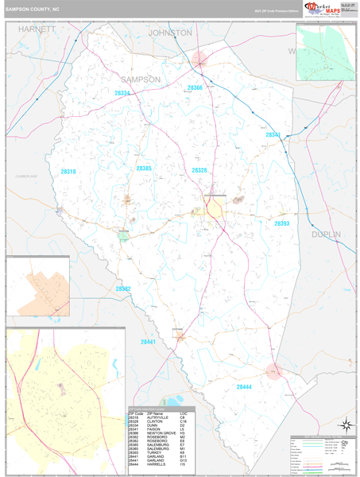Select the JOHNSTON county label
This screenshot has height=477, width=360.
pyautogui.click(x=170, y=33)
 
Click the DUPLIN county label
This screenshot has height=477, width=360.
pyautogui.click(x=324, y=235)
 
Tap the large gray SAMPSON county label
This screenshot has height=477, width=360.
pyautogui.click(x=141, y=79)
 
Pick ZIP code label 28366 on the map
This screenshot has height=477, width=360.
pyautogui.click(x=195, y=87)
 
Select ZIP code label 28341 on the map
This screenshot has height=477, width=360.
pyautogui.click(x=273, y=135)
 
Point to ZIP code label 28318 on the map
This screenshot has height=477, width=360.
pyautogui.click(x=68, y=171)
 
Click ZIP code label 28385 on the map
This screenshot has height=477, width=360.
pyautogui.click(x=144, y=169)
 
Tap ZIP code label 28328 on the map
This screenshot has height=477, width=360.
pyautogui.click(x=199, y=170)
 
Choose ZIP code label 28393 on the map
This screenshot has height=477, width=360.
pyautogui.click(x=282, y=224)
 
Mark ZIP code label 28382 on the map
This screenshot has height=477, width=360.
pyautogui.click(x=123, y=289)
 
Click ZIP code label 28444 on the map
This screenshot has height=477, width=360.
pyautogui.click(x=245, y=386)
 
